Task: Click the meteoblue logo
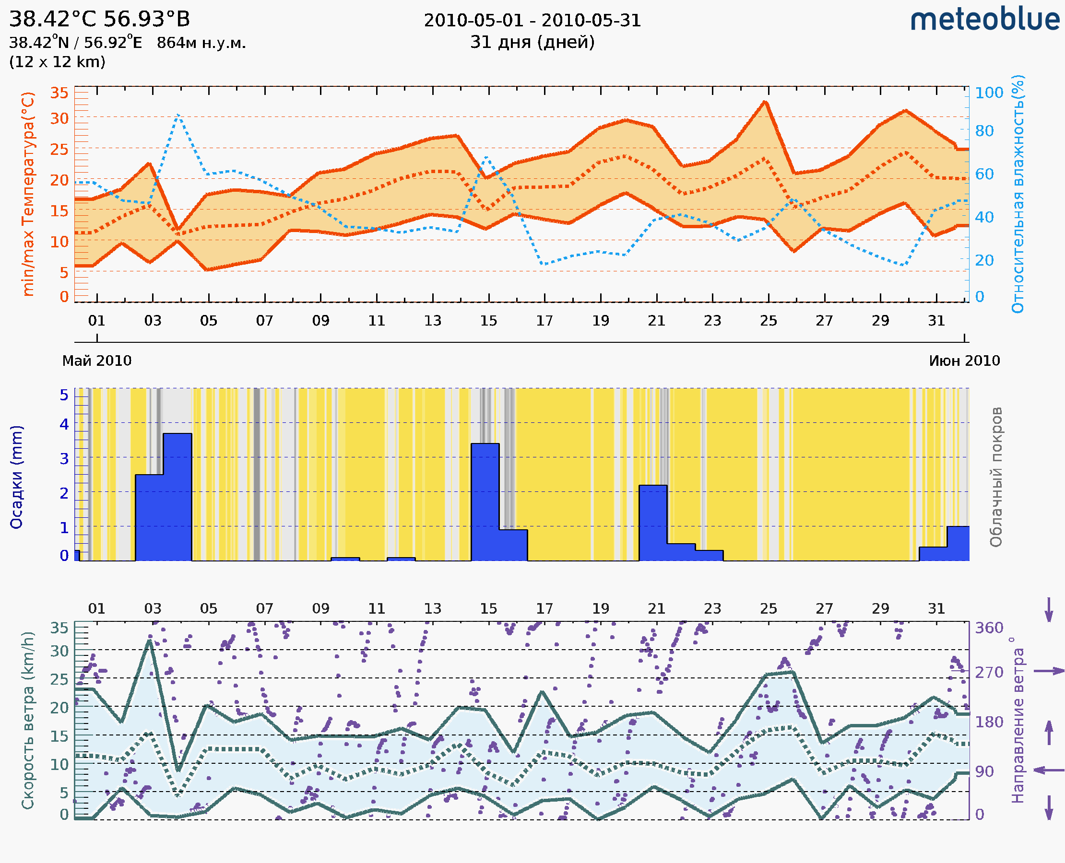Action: (x=984, y=20)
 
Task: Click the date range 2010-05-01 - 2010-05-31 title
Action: (x=532, y=21)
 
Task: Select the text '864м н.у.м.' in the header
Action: (x=201, y=43)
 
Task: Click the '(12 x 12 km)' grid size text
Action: (x=57, y=62)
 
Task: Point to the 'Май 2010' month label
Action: (x=97, y=361)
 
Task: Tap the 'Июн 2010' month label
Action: (x=964, y=361)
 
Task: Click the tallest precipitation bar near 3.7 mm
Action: (x=177, y=497)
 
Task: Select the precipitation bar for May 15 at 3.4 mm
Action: (x=485, y=502)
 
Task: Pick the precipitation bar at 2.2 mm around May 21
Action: (x=652, y=523)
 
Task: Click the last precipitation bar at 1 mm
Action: (x=958, y=543)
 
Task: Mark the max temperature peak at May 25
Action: (x=765, y=103)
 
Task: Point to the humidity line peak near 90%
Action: (x=178, y=116)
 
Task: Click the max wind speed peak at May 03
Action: (x=149, y=641)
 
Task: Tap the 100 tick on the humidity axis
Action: (x=989, y=93)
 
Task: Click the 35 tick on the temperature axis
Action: (x=59, y=93)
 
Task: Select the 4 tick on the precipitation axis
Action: (x=64, y=424)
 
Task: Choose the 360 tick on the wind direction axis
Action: (x=989, y=628)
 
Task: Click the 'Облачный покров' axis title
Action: (x=995, y=477)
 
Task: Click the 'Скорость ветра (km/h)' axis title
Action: (x=28, y=720)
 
